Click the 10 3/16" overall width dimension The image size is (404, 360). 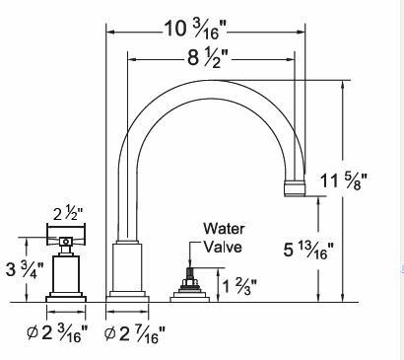(195, 29)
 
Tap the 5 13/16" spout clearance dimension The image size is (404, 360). (308, 251)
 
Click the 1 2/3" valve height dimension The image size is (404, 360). (239, 286)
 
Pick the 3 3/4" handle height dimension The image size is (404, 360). (25, 269)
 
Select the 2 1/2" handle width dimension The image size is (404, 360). (68, 215)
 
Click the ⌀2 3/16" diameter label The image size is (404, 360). (57, 333)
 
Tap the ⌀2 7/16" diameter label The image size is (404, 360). (135, 334)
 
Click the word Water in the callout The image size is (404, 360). (224, 229)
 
